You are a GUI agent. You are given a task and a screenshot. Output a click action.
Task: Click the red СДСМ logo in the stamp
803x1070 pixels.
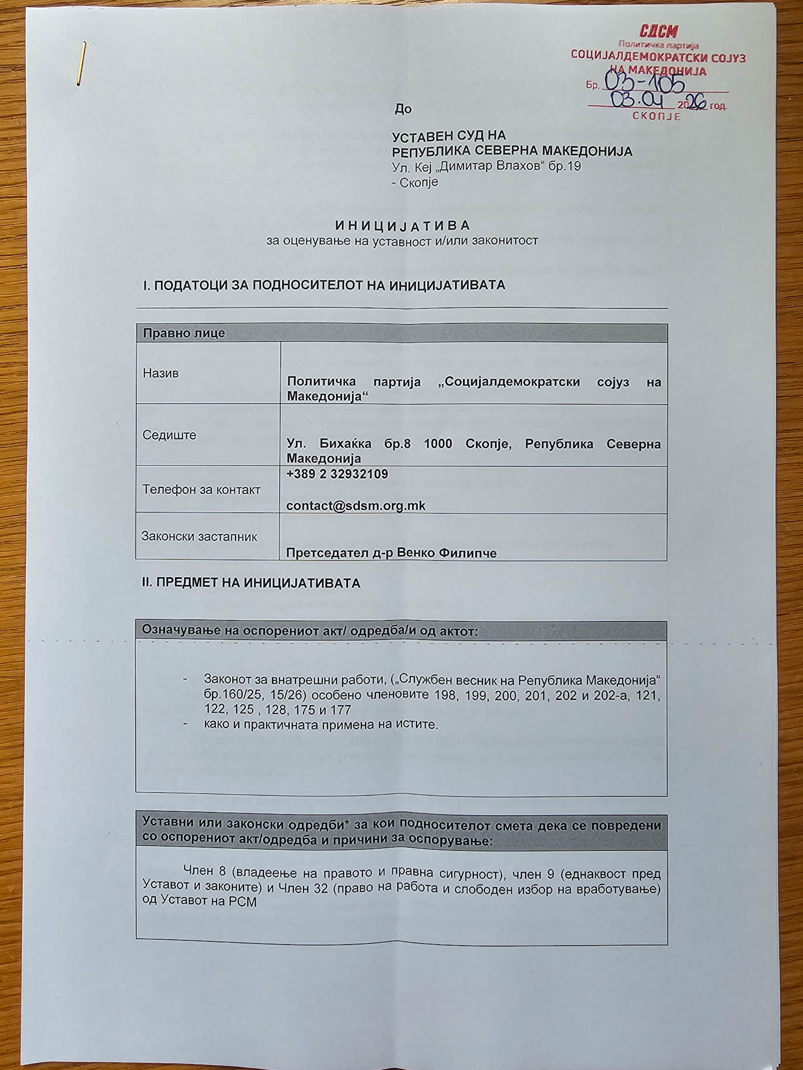pos(658,31)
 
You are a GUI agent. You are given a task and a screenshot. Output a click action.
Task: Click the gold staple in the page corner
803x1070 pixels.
pos(81,63)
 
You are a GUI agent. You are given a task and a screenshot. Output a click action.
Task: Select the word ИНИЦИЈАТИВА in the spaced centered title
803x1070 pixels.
pos(402,226)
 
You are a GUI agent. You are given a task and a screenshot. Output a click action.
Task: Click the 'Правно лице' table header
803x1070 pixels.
pos(184,333)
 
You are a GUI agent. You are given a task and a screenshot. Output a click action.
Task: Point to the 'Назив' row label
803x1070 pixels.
pos(160,373)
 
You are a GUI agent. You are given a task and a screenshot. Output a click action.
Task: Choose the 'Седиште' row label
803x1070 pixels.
pos(169,435)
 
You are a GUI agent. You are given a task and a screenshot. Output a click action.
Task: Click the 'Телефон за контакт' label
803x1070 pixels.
pos(201,490)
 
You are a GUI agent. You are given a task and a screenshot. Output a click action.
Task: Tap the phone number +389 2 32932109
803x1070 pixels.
pos(337,474)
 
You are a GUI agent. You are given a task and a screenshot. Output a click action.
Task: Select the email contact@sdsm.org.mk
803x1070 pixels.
pos(355,506)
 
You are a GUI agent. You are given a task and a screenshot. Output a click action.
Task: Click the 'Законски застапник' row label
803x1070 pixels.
pos(199,537)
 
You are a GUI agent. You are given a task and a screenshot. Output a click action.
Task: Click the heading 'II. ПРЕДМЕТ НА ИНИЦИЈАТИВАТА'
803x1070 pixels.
pos(251,583)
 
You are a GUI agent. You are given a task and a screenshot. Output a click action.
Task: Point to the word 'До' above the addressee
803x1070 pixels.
pos(403,109)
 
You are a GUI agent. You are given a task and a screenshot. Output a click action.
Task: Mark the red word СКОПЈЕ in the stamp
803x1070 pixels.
pos(656,116)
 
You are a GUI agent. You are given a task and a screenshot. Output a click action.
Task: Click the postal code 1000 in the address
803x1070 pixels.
pos(437,444)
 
